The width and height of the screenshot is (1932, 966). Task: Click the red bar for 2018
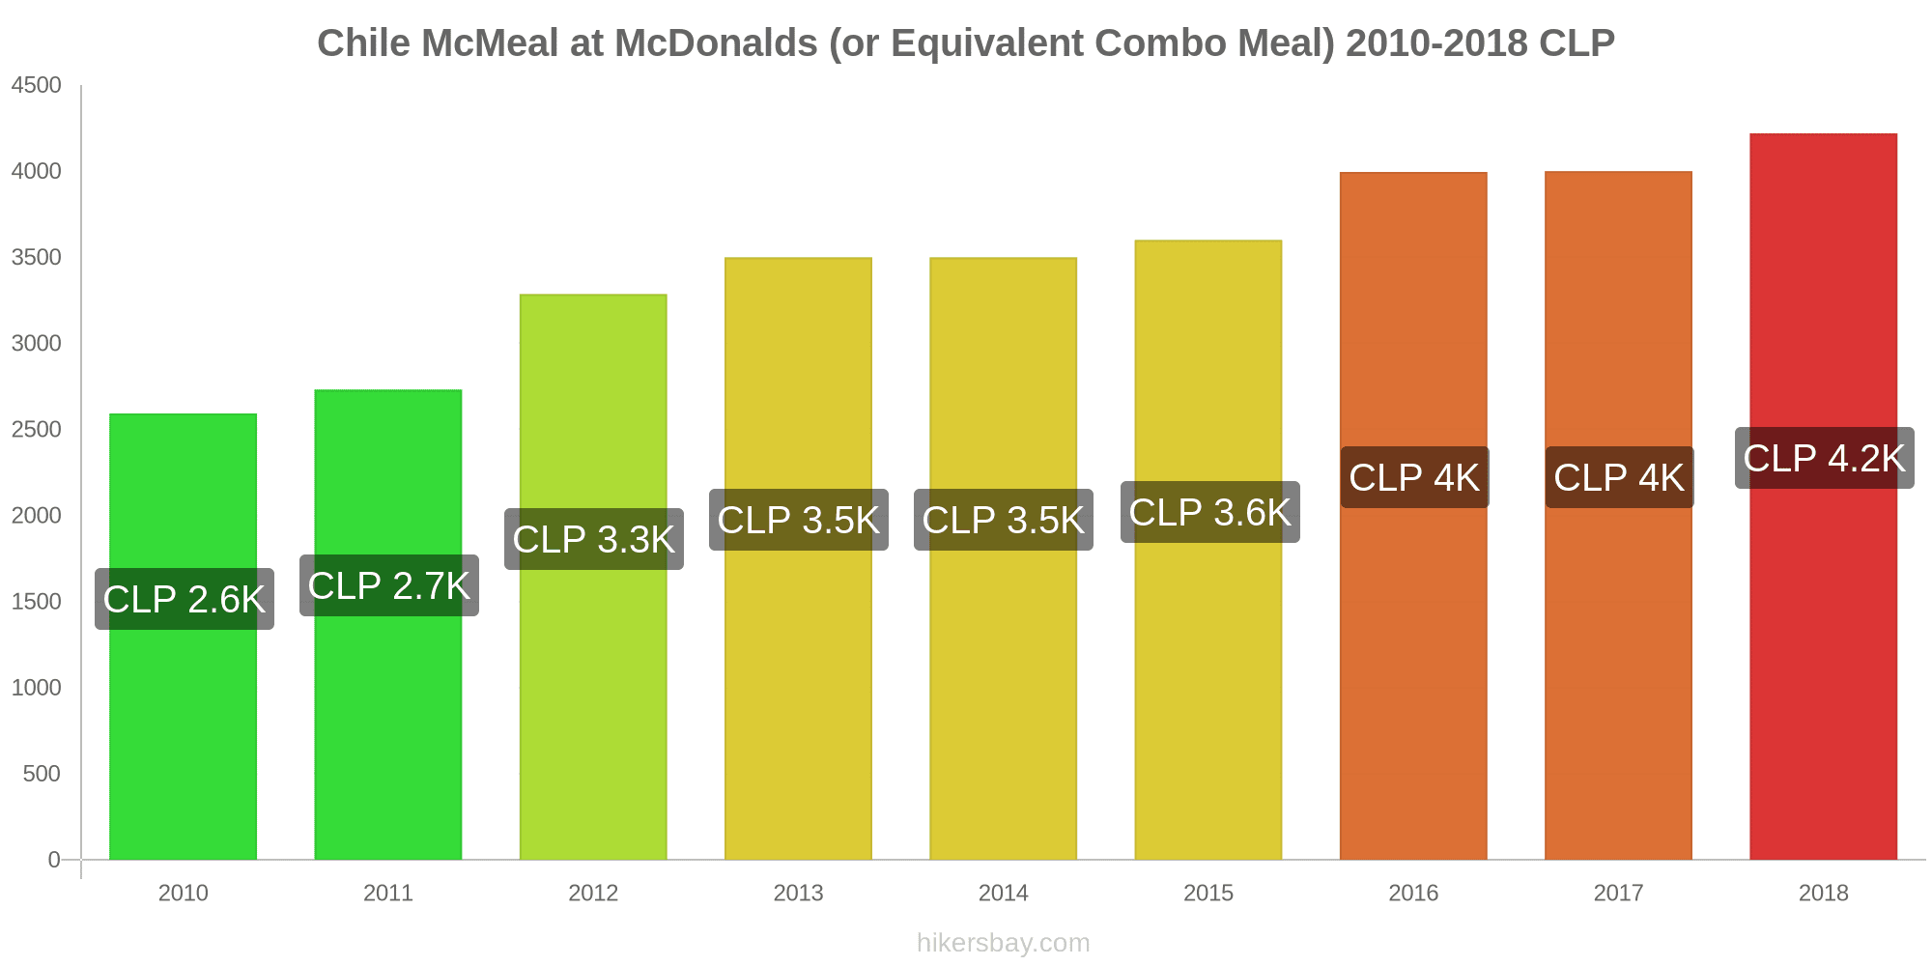tap(1823, 676)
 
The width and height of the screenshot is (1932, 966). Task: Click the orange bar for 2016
tap(1413, 676)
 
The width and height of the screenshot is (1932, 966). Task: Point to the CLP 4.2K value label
tap(1824, 458)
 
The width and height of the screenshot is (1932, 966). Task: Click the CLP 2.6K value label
tap(185, 599)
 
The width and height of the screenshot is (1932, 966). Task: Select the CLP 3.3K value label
tap(594, 539)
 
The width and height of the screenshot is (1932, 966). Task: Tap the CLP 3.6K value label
tap(1209, 512)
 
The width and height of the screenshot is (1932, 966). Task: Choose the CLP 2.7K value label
tap(389, 585)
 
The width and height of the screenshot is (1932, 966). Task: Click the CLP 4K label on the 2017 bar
tap(1619, 477)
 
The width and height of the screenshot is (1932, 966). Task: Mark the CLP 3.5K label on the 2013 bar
tap(799, 520)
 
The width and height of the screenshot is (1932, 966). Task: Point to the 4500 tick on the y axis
tap(37, 85)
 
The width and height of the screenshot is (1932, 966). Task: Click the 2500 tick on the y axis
tap(37, 429)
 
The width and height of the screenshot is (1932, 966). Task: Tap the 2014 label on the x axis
tap(1004, 893)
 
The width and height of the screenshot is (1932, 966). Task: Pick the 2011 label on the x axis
tap(388, 893)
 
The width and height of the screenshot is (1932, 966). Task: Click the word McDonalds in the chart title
tap(716, 43)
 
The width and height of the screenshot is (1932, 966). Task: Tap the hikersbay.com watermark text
tap(1003, 943)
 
